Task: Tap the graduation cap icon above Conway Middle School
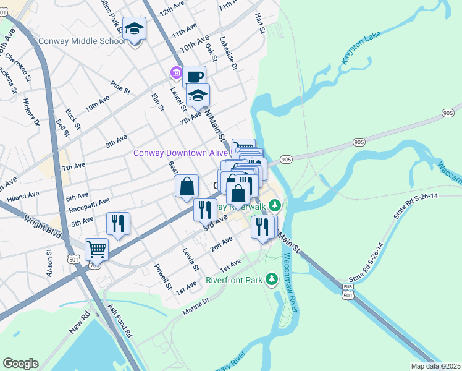(134, 29)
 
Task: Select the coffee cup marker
(194, 77)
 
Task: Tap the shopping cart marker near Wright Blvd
(96, 250)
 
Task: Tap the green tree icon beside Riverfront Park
(271, 280)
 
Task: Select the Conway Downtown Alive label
(182, 153)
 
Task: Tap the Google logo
(20, 364)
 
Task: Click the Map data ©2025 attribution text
(435, 366)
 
